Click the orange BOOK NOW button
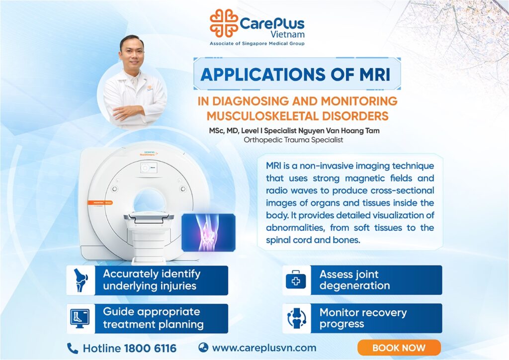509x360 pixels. coord(399,348)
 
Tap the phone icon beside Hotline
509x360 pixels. coord(73,348)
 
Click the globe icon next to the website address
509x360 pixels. coord(203,348)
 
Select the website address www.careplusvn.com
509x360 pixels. coord(264,348)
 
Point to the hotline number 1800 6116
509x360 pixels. coord(150,348)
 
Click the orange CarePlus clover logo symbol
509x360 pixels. coord(224,23)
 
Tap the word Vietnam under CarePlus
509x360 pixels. coord(288,34)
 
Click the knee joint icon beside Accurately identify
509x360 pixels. coord(81,280)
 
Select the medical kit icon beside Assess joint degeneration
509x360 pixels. coord(296,280)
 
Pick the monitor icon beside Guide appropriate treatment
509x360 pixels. coord(80,318)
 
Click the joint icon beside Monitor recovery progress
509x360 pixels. coord(297,318)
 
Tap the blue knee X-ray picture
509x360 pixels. coord(208,232)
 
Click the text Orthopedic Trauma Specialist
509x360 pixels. coord(293,140)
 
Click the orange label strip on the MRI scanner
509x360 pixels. coord(100,202)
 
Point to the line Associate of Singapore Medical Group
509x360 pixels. coord(257,43)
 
